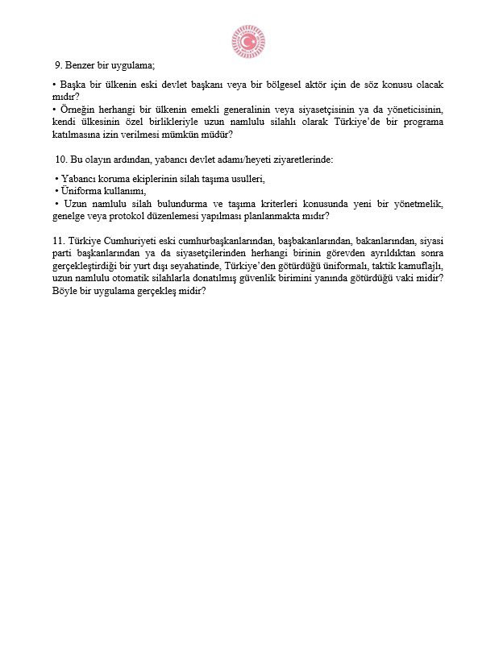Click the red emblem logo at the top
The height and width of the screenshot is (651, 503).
point(248,40)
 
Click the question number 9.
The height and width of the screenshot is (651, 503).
point(58,65)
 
